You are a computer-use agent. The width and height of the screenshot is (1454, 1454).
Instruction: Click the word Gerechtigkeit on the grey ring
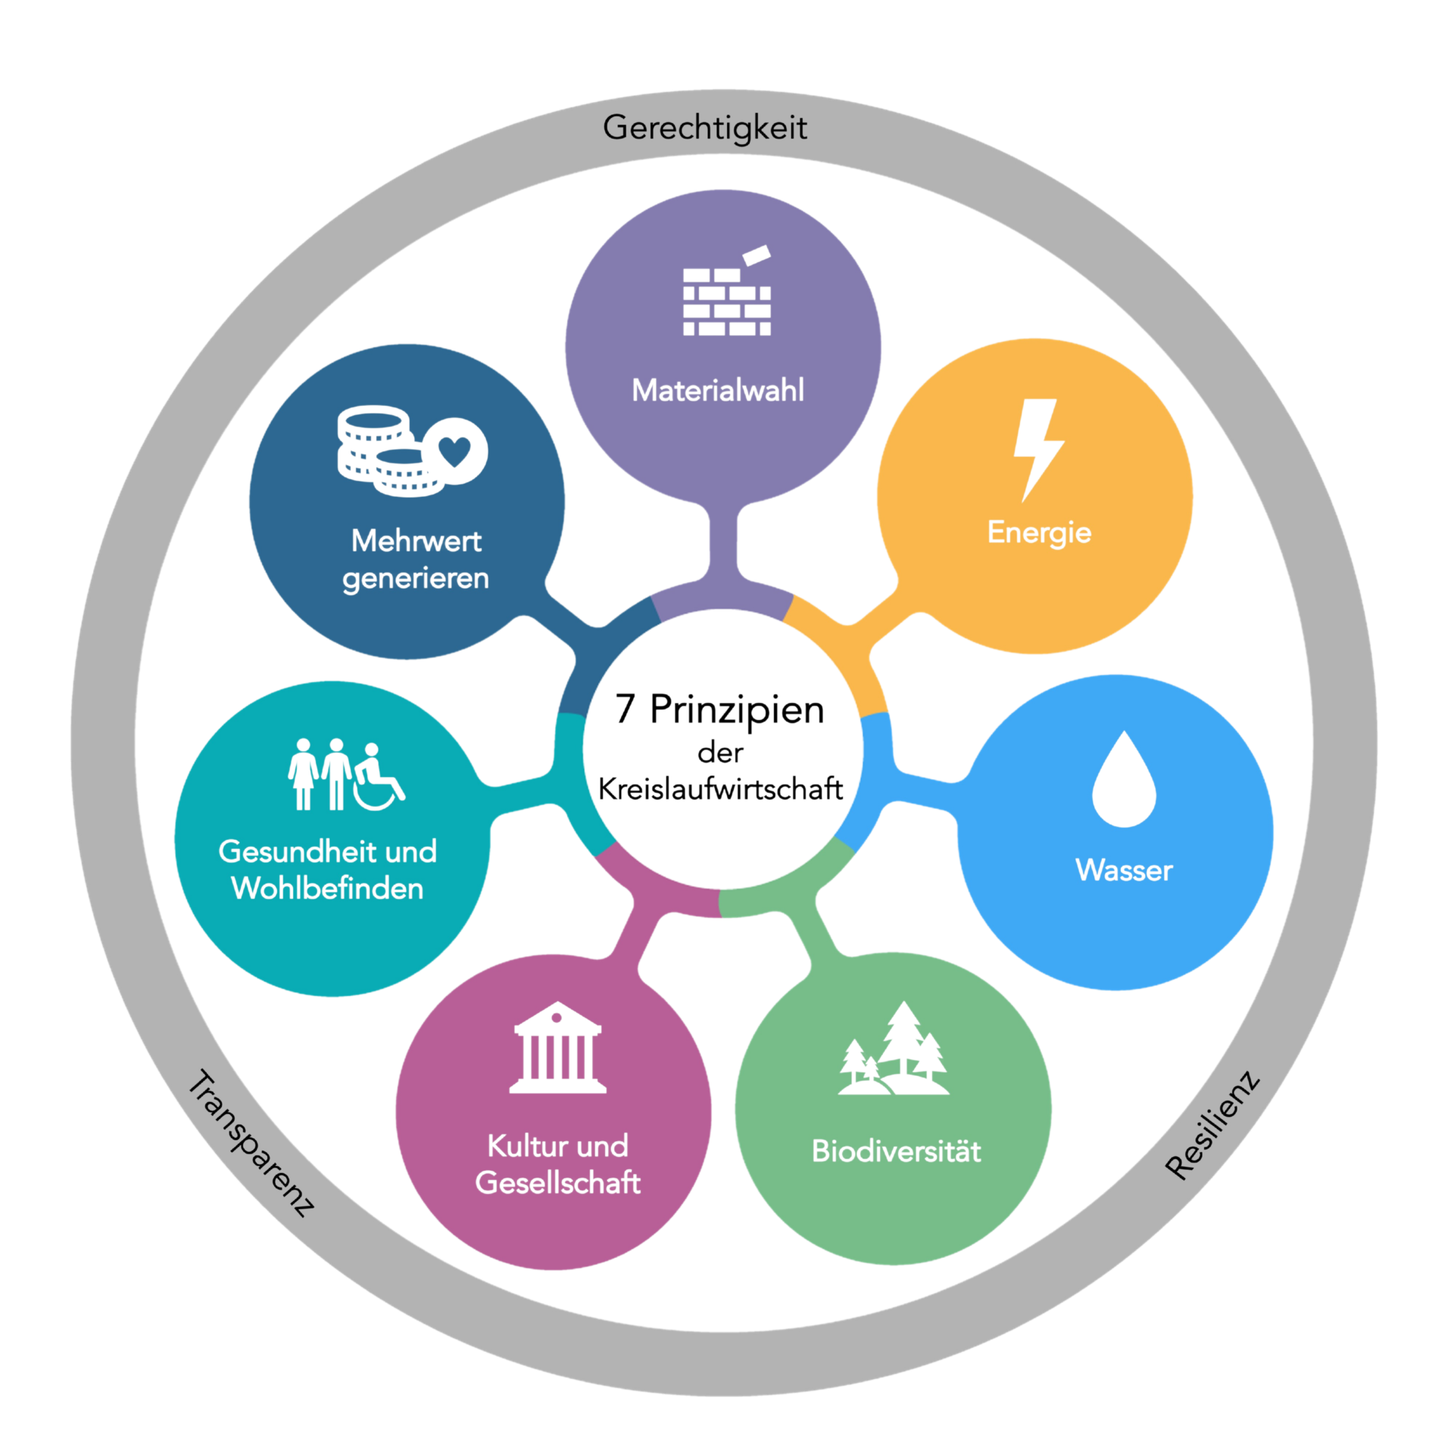click(704, 128)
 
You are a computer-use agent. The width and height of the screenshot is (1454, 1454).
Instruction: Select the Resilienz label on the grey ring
click(1212, 1125)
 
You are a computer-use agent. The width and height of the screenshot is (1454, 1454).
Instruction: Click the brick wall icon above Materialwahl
click(727, 300)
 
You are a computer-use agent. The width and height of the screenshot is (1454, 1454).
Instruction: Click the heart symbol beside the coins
click(454, 451)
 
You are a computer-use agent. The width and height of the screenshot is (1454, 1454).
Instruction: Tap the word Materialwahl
click(718, 391)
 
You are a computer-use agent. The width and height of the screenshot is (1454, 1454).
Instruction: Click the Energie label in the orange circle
click(1039, 533)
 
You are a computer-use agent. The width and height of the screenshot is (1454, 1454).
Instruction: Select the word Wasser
click(1124, 870)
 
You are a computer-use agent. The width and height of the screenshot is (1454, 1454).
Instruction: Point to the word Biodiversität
click(896, 1152)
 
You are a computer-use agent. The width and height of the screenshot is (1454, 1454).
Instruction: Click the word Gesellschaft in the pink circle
click(558, 1183)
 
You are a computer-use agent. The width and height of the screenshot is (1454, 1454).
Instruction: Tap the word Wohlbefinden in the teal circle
click(327, 888)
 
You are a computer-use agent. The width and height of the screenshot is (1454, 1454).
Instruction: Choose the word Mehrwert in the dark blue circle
click(417, 541)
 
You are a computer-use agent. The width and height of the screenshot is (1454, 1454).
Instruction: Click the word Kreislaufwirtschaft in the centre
click(720, 789)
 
